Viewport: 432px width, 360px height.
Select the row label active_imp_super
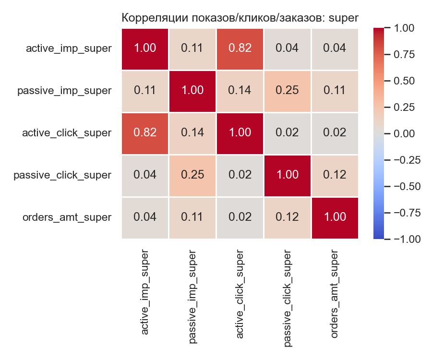69,48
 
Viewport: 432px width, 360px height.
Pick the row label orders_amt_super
67,217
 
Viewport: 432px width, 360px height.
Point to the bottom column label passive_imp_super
192,296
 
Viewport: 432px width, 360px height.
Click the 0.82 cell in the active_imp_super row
240,48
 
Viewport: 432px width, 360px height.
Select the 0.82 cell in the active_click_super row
144,133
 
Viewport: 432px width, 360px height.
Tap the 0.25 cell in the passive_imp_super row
287,91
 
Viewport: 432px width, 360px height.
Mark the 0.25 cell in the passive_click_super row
192,175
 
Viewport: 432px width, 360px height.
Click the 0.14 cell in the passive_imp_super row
240,91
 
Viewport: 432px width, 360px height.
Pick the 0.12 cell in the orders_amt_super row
287,217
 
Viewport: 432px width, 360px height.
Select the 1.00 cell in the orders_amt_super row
335,217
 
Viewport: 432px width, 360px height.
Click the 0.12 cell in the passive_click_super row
335,175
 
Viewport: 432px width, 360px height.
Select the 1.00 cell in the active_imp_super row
144,48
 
